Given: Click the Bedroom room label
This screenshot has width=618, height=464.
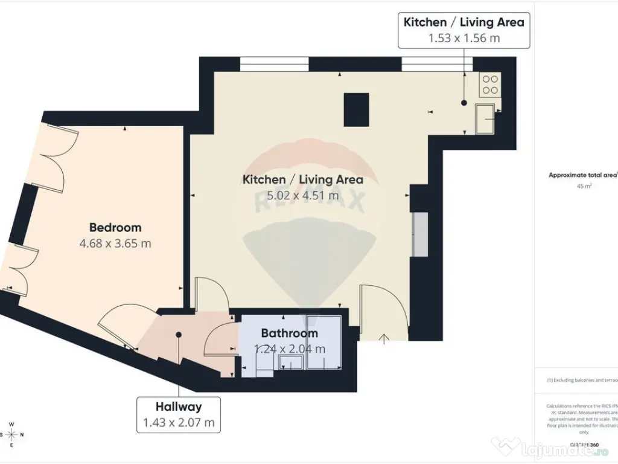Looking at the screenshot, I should pyautogui.click(x=115, y=228).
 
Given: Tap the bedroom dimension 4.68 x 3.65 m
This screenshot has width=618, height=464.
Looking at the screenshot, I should pyautogui.click(x=115, y=244).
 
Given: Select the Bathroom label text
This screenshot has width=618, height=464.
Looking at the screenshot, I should pyautogui.click(x=289, y=333).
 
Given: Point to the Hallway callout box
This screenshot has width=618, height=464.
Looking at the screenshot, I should pyautogui.click(x=178, y=414).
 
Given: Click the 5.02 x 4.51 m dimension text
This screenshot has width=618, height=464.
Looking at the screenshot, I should pyautogui.click(x=302, y=195).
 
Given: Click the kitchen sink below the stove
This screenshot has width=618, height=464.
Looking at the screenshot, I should pyautogui.click(x=485, y=118).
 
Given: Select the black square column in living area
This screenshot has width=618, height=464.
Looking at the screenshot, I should pyautogui.click(x=356, y=109).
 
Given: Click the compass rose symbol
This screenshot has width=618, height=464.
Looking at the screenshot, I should pyautogui.click(x=11, y=434).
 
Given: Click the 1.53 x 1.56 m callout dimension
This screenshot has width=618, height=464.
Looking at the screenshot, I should pyautogui.click(x=463, y=39).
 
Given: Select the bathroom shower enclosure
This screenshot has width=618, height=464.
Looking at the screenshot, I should pyautogui.click(x=324, y=341).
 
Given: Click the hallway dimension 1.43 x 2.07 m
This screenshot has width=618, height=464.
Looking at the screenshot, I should pyautogui.click(x=178, y=423).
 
